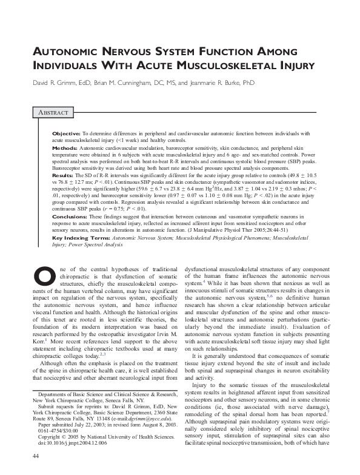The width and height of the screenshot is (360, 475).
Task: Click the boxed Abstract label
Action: [x=53, y=113]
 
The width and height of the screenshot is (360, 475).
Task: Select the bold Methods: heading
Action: [x=65, y=147]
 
